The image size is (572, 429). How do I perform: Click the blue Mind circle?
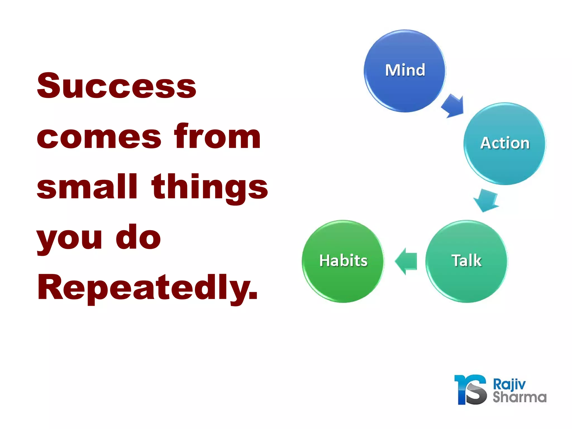[404, 71]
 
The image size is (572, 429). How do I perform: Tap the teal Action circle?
[504, 144]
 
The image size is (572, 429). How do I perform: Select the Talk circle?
[466, 261]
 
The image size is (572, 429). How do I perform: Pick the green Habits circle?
[343, 261]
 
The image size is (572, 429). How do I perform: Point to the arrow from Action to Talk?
[486, 200]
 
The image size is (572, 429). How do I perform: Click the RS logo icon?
[471, 390]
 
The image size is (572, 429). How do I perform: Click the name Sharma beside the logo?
[519, 397]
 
